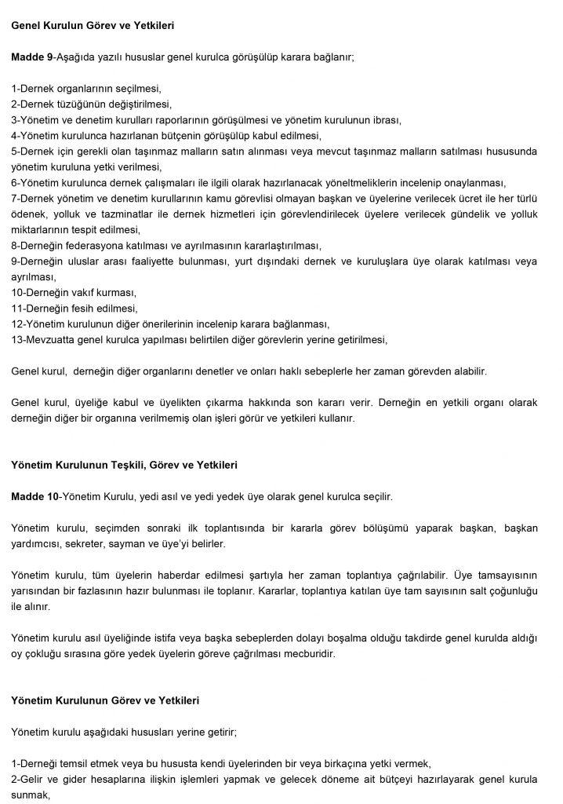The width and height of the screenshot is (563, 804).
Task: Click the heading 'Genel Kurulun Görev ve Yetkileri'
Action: (93, 25)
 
